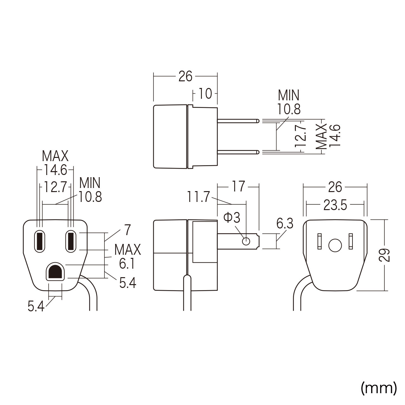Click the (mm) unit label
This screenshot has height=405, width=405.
(x=378, y=388)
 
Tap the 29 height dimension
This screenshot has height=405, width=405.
(x=384, y=255)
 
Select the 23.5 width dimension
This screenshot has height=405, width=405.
(x=335, y=206)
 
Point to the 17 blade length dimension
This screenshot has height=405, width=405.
(x=238, y=187)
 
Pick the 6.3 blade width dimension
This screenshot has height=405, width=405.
(x=285, y=223)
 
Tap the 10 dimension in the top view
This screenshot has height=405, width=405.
(x=205, y=94)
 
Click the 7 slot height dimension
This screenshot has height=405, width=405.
(x=127, y=230)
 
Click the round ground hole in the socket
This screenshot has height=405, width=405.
(x=56, y=271)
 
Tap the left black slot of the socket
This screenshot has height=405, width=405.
(x=40, y=241)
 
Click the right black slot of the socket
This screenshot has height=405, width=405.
(x=70, y=241)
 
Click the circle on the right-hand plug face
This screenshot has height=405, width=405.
(x=335, y=245)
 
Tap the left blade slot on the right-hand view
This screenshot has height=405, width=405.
(x=320, y=241)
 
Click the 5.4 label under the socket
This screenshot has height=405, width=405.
(x=36, y=306)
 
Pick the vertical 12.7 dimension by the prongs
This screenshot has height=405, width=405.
(x=301, y=135)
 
